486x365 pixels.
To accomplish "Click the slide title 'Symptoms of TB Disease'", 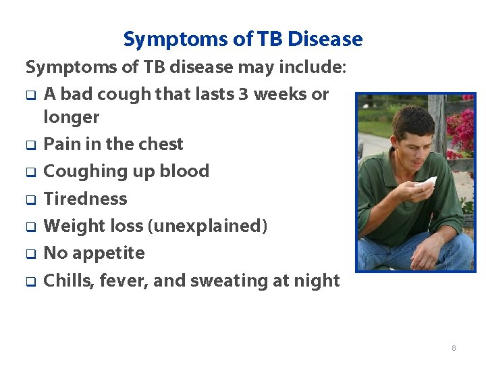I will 242,39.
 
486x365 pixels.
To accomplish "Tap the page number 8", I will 454,348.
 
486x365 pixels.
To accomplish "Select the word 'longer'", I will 71,118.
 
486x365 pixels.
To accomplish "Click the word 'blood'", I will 184,171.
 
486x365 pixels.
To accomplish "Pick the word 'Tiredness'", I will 85,199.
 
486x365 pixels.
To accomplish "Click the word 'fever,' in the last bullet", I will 124,281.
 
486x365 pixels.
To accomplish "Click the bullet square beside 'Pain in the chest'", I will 30,145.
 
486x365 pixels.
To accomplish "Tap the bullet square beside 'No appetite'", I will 30,254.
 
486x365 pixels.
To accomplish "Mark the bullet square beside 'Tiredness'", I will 30,200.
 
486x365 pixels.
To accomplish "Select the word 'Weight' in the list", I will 74,226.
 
